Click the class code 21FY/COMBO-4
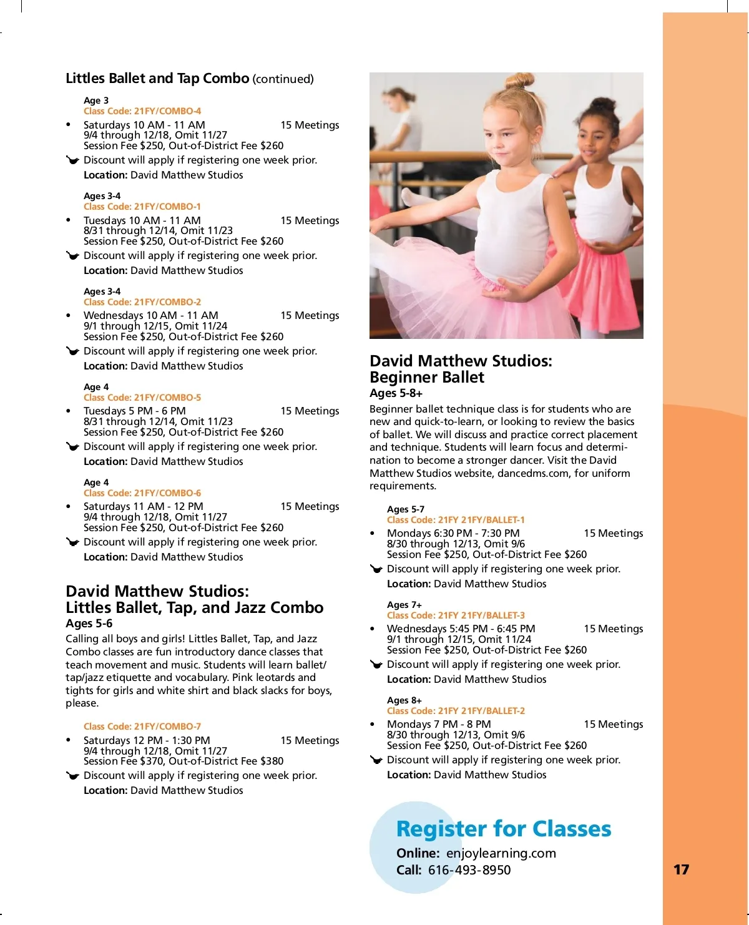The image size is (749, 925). (x=142, y=111)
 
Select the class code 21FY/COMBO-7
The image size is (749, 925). (x=142, y=727)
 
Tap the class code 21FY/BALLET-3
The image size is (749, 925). (x=456, y=615)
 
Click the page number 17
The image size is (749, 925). (x=681, y=869)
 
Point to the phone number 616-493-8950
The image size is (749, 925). (x=469, y=870)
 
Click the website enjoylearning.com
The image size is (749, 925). (x=501, y=853)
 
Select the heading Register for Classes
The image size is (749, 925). (x=504, y=829)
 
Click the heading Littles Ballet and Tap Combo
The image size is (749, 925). (x=157, y=79)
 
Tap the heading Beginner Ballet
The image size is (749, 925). (x=427, y=377)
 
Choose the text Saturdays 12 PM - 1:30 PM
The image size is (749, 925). (x=147, y=740)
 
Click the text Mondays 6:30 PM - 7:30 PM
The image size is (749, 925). (x=453, y=533)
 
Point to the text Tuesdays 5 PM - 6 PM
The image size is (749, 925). (x=135, y=411)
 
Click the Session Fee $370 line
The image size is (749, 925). (x=184, y=761)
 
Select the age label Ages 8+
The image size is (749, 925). (x=404, y=700)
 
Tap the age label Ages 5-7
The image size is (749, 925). (x=406, y=509)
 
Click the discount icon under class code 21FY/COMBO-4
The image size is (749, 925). (x=72, y=160)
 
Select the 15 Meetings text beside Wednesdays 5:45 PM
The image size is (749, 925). (x=614, y=629)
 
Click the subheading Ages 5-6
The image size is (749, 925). (x=89, y=624)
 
